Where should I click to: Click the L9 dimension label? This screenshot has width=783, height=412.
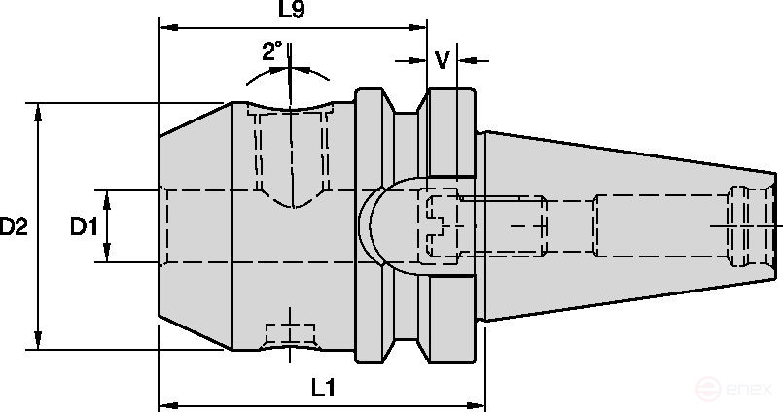tap(291, 12)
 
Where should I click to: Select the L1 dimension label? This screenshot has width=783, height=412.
tap(323, 387)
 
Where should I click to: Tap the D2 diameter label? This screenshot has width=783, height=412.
tap(14, 226)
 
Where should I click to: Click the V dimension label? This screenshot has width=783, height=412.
tap(443, 60)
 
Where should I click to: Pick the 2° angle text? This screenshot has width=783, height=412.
tap(272, 51)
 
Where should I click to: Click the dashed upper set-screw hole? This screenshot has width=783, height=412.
tap(291, 155)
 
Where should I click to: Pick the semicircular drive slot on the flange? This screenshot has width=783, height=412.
tap(374, 226)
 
